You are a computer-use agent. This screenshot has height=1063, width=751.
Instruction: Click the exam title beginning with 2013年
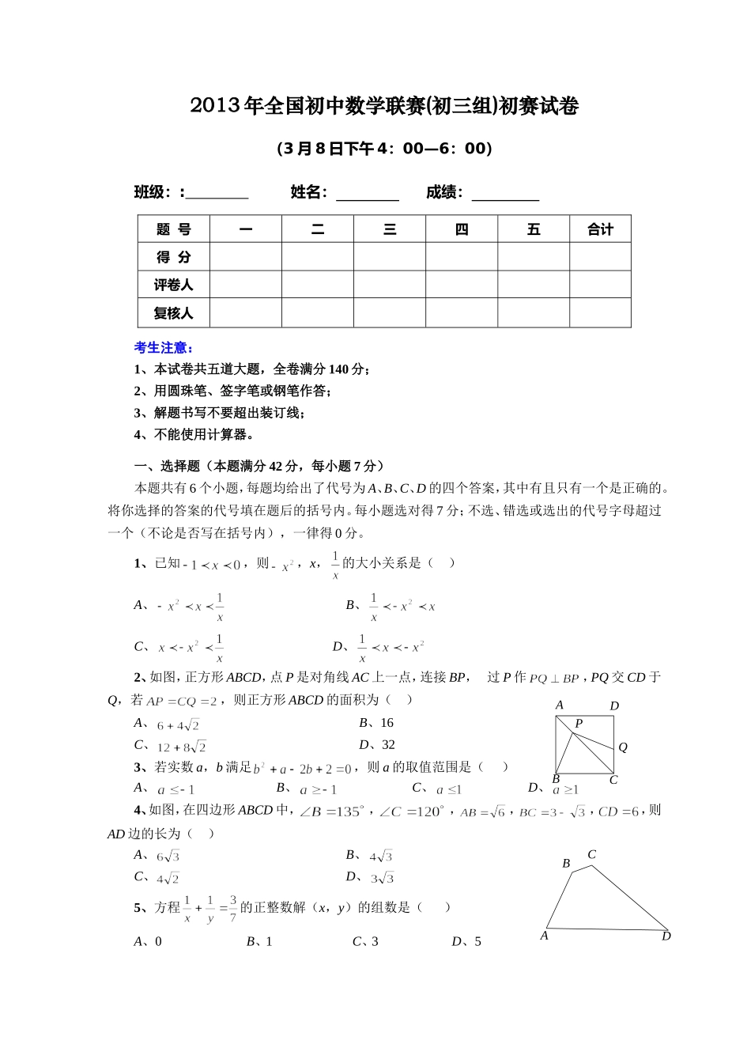click(x=384, y=107)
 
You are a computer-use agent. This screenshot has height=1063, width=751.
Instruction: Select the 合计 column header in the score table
click(x=600, y=229)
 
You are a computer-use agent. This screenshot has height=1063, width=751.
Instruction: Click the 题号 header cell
click(x=174, y=229)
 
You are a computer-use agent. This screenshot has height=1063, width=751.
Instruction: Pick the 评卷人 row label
click(x=174, y=285)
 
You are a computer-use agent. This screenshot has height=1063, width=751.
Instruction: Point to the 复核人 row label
click(x=174, y=313)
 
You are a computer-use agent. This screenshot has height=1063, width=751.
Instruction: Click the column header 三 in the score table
click(x=390, y=229)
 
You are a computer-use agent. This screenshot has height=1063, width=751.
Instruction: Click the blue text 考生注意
click(x=164, y=348)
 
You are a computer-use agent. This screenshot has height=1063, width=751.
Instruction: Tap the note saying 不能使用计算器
click(x=194, y=434)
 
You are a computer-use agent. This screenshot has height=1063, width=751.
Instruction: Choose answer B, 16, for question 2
click(x=376, y=723)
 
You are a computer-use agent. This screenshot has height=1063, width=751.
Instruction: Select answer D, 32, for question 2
click(x=377, y=745)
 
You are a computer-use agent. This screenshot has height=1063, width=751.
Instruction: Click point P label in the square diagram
click(x=579, y=724)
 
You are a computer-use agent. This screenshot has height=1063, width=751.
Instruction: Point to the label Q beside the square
click(x=623, y=747)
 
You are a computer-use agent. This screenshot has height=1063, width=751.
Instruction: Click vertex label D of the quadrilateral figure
click(x=666, y=936)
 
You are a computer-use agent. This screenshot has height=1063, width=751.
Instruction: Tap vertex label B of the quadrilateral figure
click(x=566, y=864)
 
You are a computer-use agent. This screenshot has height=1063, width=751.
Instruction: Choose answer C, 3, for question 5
click(x=365, y=941)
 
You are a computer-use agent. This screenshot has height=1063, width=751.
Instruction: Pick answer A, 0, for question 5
click(x=148, y=941)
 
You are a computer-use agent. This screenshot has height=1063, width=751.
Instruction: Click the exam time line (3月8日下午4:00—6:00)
click(x=384, y=149)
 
